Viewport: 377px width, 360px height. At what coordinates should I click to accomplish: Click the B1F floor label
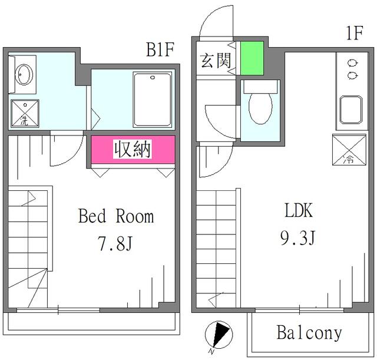[x=160, y=49]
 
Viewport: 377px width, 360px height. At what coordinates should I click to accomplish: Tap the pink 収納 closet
[x=133, y=150]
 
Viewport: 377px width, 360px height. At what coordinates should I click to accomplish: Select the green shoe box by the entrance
[x=252, y=59]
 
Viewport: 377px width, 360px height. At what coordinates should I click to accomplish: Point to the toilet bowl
[x=260, y=106]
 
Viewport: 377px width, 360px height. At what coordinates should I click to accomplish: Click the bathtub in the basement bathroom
[x=153, y=100]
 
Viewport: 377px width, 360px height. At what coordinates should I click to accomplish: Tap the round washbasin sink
[x=25, y=74]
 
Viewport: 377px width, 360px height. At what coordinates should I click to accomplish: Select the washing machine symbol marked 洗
[x=25, y=114]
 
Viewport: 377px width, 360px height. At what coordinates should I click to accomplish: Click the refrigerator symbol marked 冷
[x=347, y=150]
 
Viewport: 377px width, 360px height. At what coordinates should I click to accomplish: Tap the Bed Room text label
[x=116, y=217]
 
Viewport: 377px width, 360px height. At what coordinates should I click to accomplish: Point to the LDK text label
[x=299, y=210]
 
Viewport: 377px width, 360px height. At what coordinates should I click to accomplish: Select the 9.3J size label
[x=299, y=238]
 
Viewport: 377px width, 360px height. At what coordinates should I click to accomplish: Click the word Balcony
[x=309, y=333]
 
